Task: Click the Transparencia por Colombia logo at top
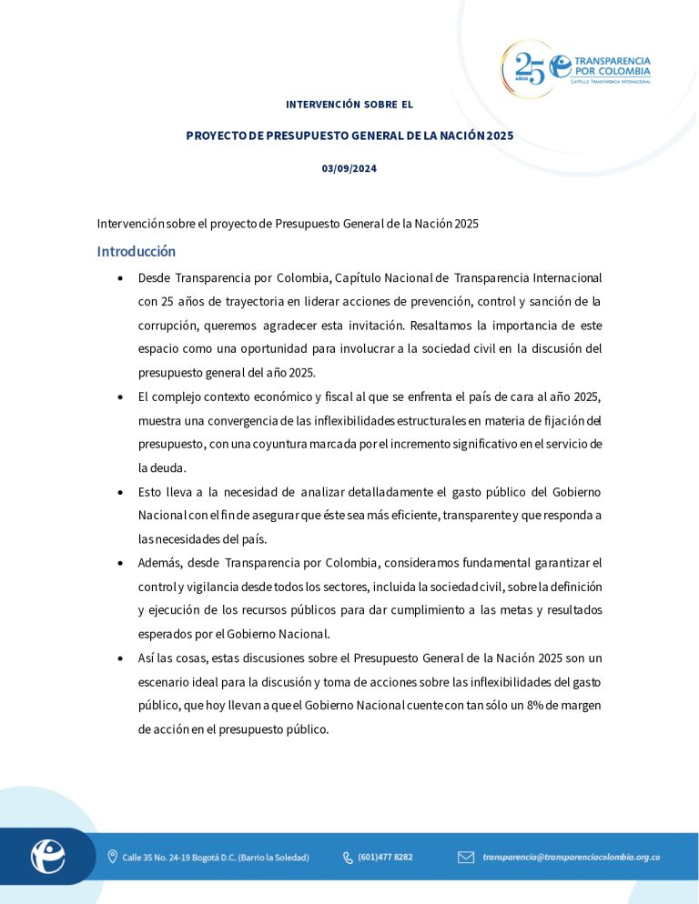[576, 68]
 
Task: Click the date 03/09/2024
[349, 169]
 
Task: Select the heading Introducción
[137, 251]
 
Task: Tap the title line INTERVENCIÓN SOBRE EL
[349, 105]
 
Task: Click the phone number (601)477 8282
[385, 857]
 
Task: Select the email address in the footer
[572, 857]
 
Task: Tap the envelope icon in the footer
[466, 857]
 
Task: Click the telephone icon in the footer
[348, 857]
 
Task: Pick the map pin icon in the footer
[113, 857]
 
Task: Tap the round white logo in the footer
[47, 856]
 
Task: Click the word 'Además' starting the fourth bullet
[159, 563]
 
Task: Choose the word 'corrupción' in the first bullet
[166, 325]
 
